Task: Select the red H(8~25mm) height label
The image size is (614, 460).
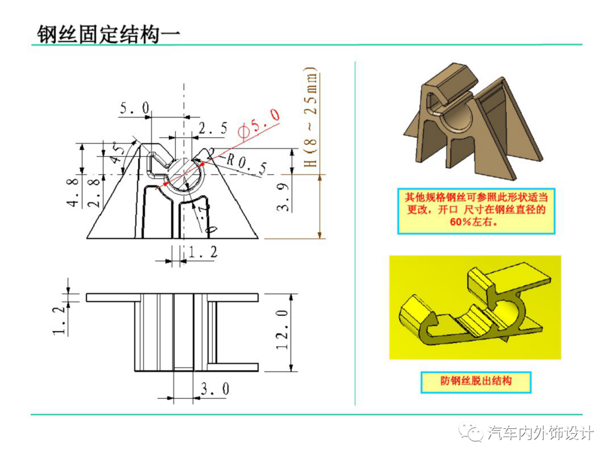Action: click(x=310, y=119)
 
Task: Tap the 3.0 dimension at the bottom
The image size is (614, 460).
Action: click(x=215, y=389)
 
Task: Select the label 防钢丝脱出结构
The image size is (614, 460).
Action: click(x=475, y=381)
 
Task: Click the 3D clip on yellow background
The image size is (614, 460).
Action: click(x=475, y=307)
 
